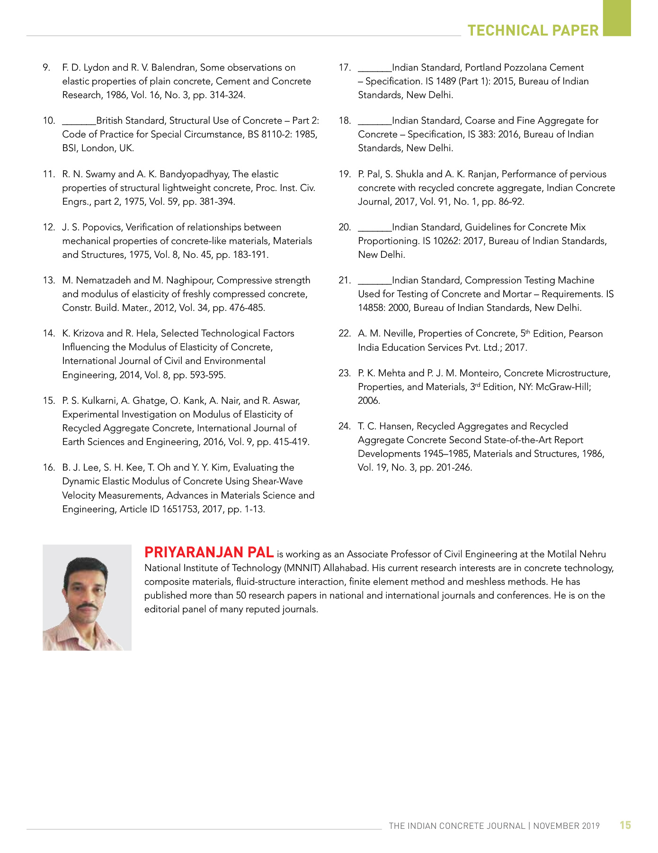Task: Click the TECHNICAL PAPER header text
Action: pos(533,30)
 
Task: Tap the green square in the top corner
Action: pos(617,18)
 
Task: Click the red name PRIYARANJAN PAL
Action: pos(209,552)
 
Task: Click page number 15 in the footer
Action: pos(625,825)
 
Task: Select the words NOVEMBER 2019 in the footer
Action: pos(566,826)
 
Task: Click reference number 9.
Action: pos(46,68)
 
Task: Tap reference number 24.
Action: pos(344,426)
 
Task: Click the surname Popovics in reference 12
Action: pos(103,227)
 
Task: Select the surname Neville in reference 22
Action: pos(399,334)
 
